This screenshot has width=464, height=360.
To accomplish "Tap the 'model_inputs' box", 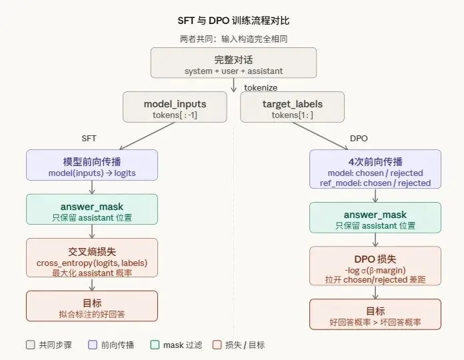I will click(x=175, y=107).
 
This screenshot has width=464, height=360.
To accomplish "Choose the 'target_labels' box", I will click(x=293, y=107).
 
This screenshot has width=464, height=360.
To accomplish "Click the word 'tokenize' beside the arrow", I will click(x=261, y=87).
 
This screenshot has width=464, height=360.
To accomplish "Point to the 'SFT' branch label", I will click(x=89, y=138).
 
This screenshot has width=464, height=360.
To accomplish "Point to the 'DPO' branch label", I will click(x=359, y=138).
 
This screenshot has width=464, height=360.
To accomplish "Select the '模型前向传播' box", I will click(x=92, y=165).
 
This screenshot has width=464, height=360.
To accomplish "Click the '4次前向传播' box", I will click(x=375, y=169).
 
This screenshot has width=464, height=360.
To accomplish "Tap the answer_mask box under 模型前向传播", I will click(x=92, y=209).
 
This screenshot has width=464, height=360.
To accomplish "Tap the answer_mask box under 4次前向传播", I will click(x=375, y=217).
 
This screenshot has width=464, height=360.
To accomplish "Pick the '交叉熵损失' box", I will click(x=92, y=257).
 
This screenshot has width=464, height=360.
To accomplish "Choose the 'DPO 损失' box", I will click(x=375, y=266).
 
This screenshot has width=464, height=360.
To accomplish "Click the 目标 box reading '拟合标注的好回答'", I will click(x=92, y=306).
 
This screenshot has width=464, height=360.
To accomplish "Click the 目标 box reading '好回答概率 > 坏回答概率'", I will click(x=375, y=315).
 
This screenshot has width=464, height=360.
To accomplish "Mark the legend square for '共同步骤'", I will click(x=30, y=345).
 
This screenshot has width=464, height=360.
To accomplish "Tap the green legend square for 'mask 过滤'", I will click(x=155, y=345).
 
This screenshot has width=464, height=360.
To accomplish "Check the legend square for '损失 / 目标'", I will click(x=217, y=345).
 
